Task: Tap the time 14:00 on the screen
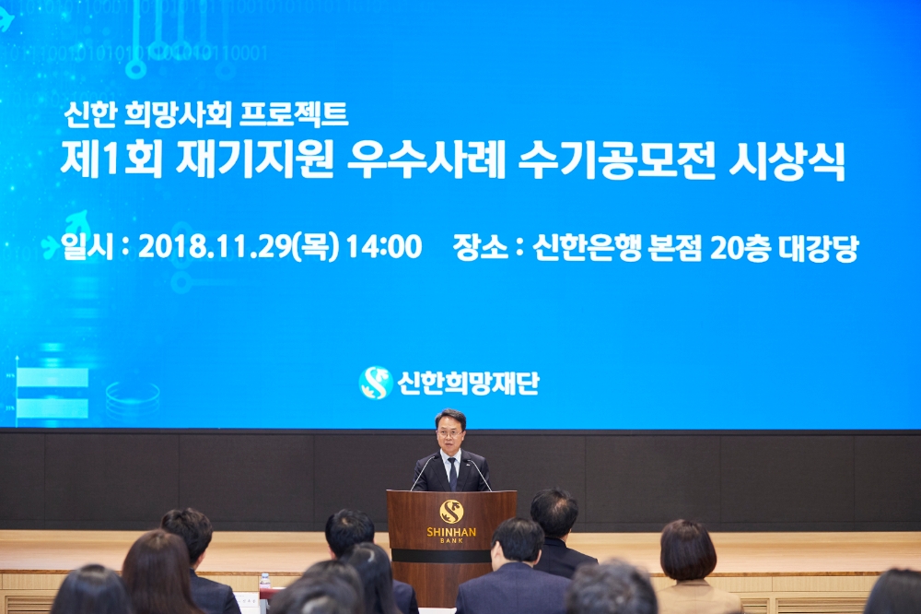(383, 247)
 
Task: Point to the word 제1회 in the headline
(111, 161)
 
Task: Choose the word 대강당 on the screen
(818, 248)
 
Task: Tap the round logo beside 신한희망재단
(375, 382)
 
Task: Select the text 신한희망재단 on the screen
(468, 383)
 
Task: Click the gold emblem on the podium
(450, 511)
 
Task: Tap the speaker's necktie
(452, 473)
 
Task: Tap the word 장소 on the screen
(480, 248)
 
